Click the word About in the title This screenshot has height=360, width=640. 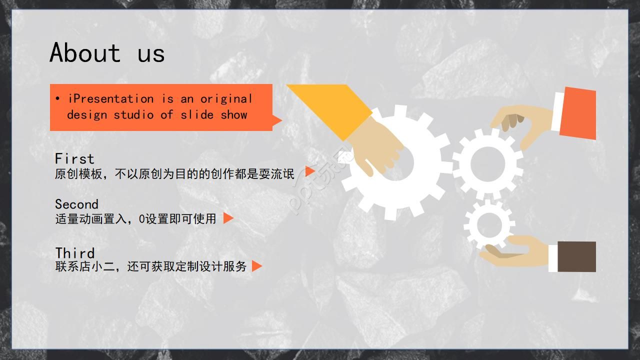(85, 52)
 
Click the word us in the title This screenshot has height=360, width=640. (151, 54)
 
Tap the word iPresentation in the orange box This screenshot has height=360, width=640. (111, 99)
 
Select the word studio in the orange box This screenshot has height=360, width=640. (133, 115)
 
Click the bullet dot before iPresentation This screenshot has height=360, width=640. (57, 99)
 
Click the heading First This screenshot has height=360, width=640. (74, 158)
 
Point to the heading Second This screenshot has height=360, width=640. (76, 204)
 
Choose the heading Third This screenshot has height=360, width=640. (74, 253)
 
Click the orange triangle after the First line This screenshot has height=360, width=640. (309, 171)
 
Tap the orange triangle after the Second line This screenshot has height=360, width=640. (228, 218)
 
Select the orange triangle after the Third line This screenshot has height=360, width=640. (256, 266)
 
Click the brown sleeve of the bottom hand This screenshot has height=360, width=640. (577, 256)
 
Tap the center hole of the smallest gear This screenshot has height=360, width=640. (489, 225)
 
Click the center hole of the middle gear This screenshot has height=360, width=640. (487, 163)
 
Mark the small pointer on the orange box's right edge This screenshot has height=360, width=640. (277, 120)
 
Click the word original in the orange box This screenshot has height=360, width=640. (226, 99)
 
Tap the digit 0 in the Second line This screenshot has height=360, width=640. (142, 219)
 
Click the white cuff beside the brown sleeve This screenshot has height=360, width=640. (553, 258)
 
